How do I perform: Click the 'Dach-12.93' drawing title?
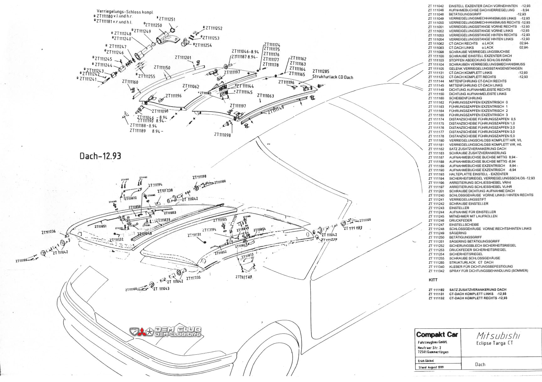100,156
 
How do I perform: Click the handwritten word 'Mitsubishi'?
498,336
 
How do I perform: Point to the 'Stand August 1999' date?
431,367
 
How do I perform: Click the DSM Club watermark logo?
166,332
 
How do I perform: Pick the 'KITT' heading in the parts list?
433,280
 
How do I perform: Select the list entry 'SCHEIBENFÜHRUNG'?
465,98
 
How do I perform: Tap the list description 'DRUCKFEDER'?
460,221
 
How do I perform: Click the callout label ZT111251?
167,19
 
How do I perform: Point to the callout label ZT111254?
203,45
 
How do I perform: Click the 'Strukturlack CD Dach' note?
332,77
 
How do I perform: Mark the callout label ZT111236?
48,232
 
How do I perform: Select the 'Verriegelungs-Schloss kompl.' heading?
125,12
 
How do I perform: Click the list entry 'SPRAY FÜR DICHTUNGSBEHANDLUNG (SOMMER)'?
488,271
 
